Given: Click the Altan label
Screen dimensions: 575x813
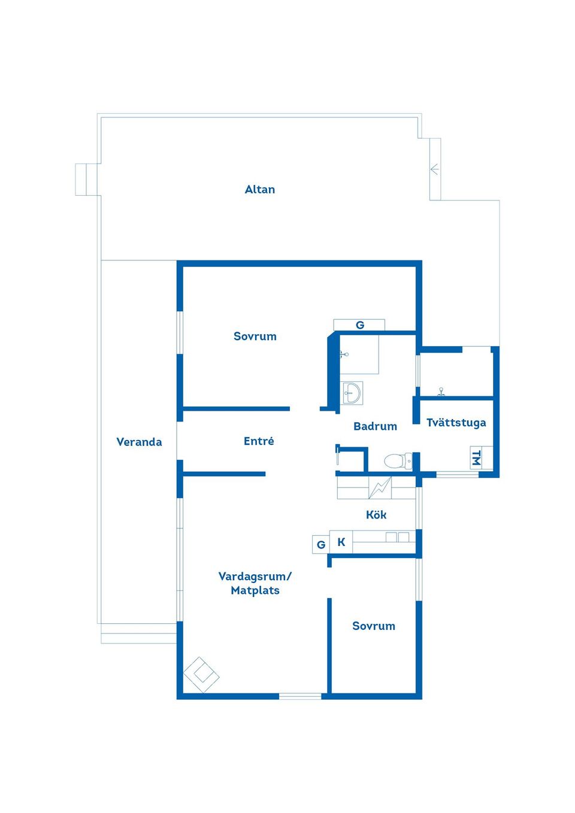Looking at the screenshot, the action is (x=259, y=189).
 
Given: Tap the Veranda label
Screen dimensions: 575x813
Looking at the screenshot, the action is (x=139, y=442).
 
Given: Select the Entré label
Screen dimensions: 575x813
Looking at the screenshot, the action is (x=259, y=441).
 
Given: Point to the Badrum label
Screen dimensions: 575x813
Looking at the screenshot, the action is (x=375, y=426).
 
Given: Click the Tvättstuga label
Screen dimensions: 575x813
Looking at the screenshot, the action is (x=456, y=423).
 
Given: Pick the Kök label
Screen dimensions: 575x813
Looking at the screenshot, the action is (x=376, y=515).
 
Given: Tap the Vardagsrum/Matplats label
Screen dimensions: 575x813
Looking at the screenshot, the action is (x=255, y=583).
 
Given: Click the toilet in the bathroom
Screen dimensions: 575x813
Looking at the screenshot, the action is (x=398, y=462).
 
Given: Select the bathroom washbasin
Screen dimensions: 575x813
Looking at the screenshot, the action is (x=352, y=393).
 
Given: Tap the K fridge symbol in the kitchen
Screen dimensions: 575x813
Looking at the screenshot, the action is (x=341, y=542).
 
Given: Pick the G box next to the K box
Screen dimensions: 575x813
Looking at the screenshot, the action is (x=321, y=544).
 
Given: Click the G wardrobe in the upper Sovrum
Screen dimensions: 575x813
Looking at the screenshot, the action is (x=359, y=325).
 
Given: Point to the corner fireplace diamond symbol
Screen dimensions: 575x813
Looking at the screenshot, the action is (x=201, y=675).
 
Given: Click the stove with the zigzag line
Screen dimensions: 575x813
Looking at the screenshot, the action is (x=380, y=488).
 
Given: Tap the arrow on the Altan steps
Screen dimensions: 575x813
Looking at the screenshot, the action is (x=434, y=169).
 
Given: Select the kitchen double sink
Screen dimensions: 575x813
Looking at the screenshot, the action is (x=398, y=537).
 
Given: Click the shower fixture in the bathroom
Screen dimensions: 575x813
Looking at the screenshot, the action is (x=344, y=354).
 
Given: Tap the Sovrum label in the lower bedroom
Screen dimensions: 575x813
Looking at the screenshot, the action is (x=374, y=626).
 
